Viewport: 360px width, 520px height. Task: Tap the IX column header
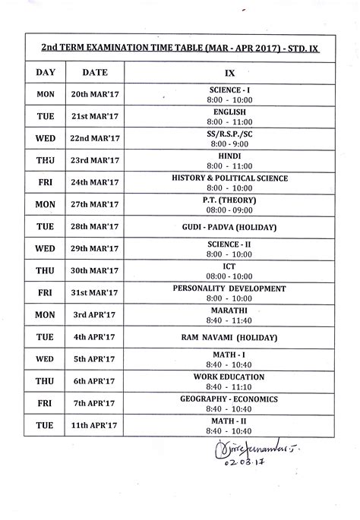tap(229, 72)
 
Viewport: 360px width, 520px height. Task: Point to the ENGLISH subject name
tap(229, 112)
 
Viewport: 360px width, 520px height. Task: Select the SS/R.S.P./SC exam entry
tap(229, 134)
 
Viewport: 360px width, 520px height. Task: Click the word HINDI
tap(229, 156)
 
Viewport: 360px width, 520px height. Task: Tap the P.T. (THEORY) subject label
tap(229, 200)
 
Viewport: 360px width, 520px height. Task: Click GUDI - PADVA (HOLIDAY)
tap(229, 227)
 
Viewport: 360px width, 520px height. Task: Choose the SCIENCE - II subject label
tap(229, 244)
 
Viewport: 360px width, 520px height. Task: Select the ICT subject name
tap(229, 266)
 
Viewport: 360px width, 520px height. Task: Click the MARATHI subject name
tap(229, 310)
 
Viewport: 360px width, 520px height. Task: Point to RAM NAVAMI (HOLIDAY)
tap(229, 336)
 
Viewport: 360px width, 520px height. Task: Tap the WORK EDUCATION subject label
tap(229, 377)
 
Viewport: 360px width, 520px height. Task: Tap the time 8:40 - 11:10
tap(229, 387)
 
